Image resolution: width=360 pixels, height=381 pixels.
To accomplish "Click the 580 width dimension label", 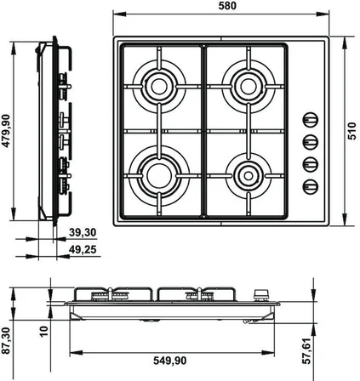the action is [227, 6].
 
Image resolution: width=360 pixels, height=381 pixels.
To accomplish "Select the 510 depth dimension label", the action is [351, 131].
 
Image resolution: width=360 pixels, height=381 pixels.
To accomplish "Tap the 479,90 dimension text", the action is [6, 131].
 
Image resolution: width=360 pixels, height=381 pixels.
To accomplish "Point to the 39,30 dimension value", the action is [83, 232].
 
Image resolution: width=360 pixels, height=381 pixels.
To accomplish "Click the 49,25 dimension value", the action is [83, 249].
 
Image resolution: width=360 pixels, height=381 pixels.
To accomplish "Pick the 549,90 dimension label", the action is [170, 361].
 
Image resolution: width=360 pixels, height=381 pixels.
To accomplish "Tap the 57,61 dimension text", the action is [307, 350].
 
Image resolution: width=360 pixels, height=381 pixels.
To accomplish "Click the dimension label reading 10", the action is [44, 331].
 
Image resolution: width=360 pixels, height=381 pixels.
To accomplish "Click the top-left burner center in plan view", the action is [159, 87].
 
